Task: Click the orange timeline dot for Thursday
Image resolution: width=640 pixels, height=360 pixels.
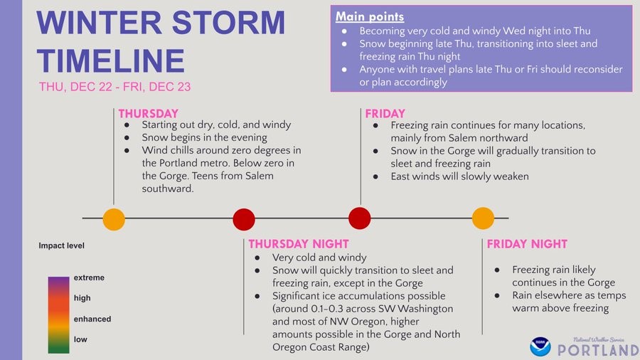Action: click(114, 218)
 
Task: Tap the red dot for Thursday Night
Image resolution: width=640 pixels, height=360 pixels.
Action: click(244, 218)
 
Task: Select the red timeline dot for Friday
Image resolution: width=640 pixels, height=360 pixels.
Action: click(360, 218)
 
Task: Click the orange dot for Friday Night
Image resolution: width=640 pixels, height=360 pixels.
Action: click(483, 218)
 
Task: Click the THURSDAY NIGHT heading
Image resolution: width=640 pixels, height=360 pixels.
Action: click(299, 244)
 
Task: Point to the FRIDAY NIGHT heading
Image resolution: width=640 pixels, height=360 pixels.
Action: click(527, 244)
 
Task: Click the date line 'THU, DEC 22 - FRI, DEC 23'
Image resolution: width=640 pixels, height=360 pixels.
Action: click(115, 87)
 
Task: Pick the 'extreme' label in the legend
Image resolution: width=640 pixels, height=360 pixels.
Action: click(89, 277)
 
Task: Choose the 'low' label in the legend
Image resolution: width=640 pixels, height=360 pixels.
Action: click(80, 339)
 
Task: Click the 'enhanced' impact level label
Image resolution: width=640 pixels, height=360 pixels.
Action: click(92, 319)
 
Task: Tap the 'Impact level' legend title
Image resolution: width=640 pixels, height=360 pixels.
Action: click(61, 246)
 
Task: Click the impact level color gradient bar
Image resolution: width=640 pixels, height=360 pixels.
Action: click(58, 314)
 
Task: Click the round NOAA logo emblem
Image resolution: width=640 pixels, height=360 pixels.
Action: click(540, 346)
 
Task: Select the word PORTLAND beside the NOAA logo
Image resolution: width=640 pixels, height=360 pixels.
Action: click(597, 350)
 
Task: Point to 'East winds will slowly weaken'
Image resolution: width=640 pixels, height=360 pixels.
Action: click(459, 176)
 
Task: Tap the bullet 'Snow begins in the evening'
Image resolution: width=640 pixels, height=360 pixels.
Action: click(204, 137)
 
